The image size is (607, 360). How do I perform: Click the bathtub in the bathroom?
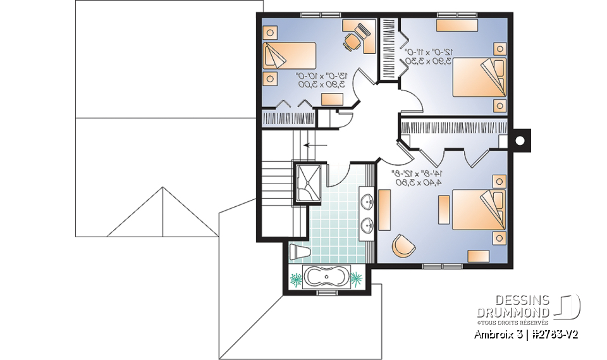pyautogui.click(x=326, y=277)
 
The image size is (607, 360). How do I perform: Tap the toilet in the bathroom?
pyautogui.click(x=302, y=252)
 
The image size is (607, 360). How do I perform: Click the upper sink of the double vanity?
pyautogui.click(x=366, y=202)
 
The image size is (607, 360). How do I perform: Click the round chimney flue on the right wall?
pyautogui.click(x=522, y=140)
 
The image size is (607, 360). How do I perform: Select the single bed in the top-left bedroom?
pyautogui.click(x=289, y=56)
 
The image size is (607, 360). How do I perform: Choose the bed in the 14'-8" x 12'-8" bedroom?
pyautogui.click(x=479, y=209)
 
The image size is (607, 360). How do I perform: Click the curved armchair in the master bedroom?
pyautogui.click(x=403, y=246)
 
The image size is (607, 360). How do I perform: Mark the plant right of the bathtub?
pyautogui.click(x=356, y=277)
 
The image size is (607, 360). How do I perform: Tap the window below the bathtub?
pyautogui.click(x=326, y=292)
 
